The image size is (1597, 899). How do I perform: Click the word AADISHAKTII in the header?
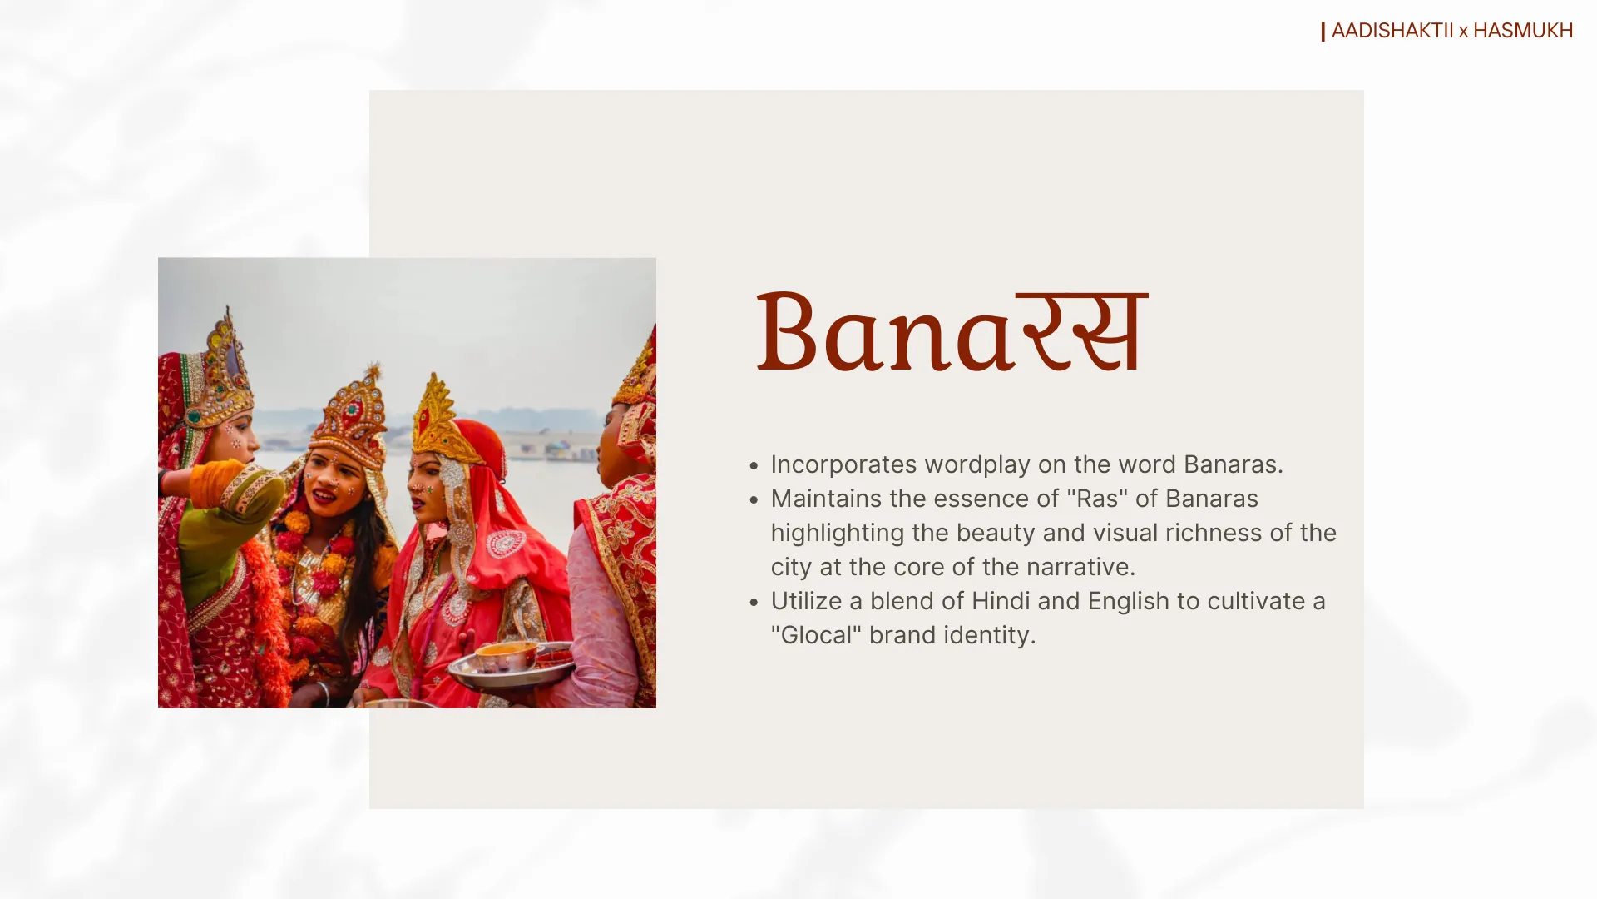[x=1392, y=31]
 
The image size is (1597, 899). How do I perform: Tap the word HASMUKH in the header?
[x=1523, y=31]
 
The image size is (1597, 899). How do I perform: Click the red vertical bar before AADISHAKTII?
[x=1323, y=32]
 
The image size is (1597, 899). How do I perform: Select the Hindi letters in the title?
[x=1082, y=331]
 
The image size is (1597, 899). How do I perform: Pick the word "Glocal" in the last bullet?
[x=816, y=635]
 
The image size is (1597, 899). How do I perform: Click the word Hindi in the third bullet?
[x=998, y=601]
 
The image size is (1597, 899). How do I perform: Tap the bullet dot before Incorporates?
[x=754, y=466]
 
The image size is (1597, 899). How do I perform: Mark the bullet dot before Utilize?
[x=754, y=603]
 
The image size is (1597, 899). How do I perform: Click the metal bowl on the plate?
[x=507, y=656]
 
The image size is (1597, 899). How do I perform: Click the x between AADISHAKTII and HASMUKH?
[x=1463, y=32]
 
